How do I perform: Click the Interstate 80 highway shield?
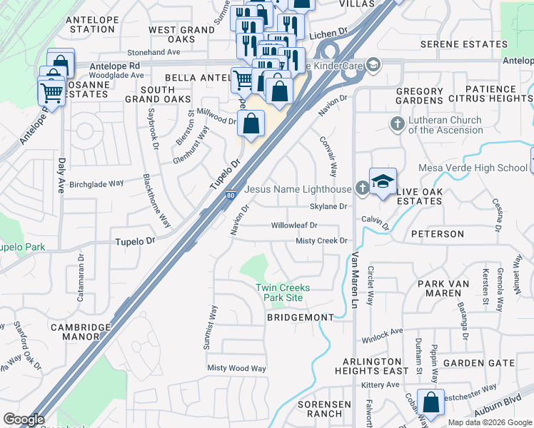coord(230,195)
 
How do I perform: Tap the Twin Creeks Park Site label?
coord(283,292)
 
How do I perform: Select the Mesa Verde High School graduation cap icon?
coord(382,183)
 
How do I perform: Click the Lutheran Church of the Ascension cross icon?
coord(398,125)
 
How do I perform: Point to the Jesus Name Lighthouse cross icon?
coord(362,189)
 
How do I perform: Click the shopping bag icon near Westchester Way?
coord(431,402)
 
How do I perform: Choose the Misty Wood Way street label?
coord(236,368)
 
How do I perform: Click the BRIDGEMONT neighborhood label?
coord(300,317)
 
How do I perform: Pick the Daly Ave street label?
coord(61,175)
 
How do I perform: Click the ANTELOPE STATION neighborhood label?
coord(91,25)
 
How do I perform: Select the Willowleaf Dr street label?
coord(294,225)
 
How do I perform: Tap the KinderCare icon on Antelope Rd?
coord(374,66)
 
